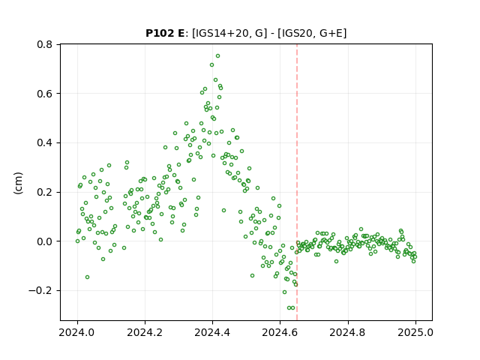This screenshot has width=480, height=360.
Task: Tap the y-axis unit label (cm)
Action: (18, 183)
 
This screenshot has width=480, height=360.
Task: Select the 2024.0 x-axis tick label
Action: (77, 332)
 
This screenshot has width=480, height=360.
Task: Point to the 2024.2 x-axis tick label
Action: (145, 332)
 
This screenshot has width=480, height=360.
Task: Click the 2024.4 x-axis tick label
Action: (212, 332)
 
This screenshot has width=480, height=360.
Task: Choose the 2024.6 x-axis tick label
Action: (280, 332)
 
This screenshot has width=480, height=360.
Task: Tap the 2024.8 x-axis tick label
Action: (347, 332)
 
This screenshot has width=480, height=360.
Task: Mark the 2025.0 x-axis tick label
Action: (415, 332)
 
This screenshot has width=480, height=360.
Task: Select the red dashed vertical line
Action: (297, 182)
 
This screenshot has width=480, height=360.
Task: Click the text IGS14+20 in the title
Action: (220, 33)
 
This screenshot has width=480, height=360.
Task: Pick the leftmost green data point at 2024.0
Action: (77, 241)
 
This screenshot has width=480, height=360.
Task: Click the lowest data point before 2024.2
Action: (87, 277)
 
